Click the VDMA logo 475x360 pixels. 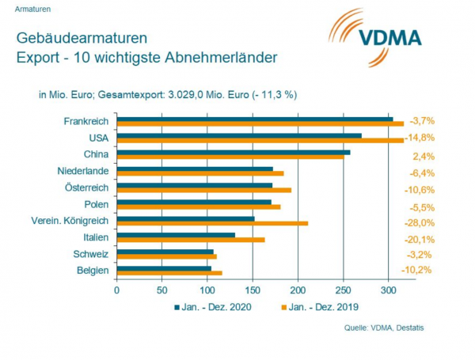[x=376, y=36]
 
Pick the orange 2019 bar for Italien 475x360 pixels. [x=191, y=240]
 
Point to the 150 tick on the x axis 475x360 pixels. [x=253, y=289]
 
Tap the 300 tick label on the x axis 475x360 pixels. [x=389, y=289]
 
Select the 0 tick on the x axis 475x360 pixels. [x=116, y=289]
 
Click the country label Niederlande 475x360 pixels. [x=83, y=170]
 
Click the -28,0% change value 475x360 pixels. [x=420, y=222]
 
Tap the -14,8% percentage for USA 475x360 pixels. [x=420, y=138]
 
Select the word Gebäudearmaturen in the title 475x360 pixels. [x=71, y=38]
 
